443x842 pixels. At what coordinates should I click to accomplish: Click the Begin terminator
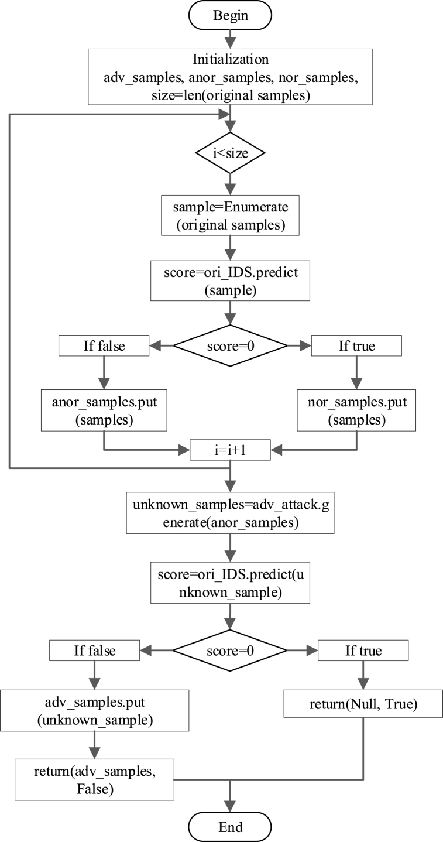[x=230, y=16]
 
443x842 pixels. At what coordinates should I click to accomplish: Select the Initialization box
[x=230, y=76]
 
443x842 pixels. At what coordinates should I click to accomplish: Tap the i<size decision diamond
[x=230, y=154]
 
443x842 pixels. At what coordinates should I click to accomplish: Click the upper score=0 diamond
[x=230, y=346]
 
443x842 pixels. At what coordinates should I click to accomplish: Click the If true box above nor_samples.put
[x=356, y=346]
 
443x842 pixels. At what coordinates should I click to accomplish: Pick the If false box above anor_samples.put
[x=103, y=346]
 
